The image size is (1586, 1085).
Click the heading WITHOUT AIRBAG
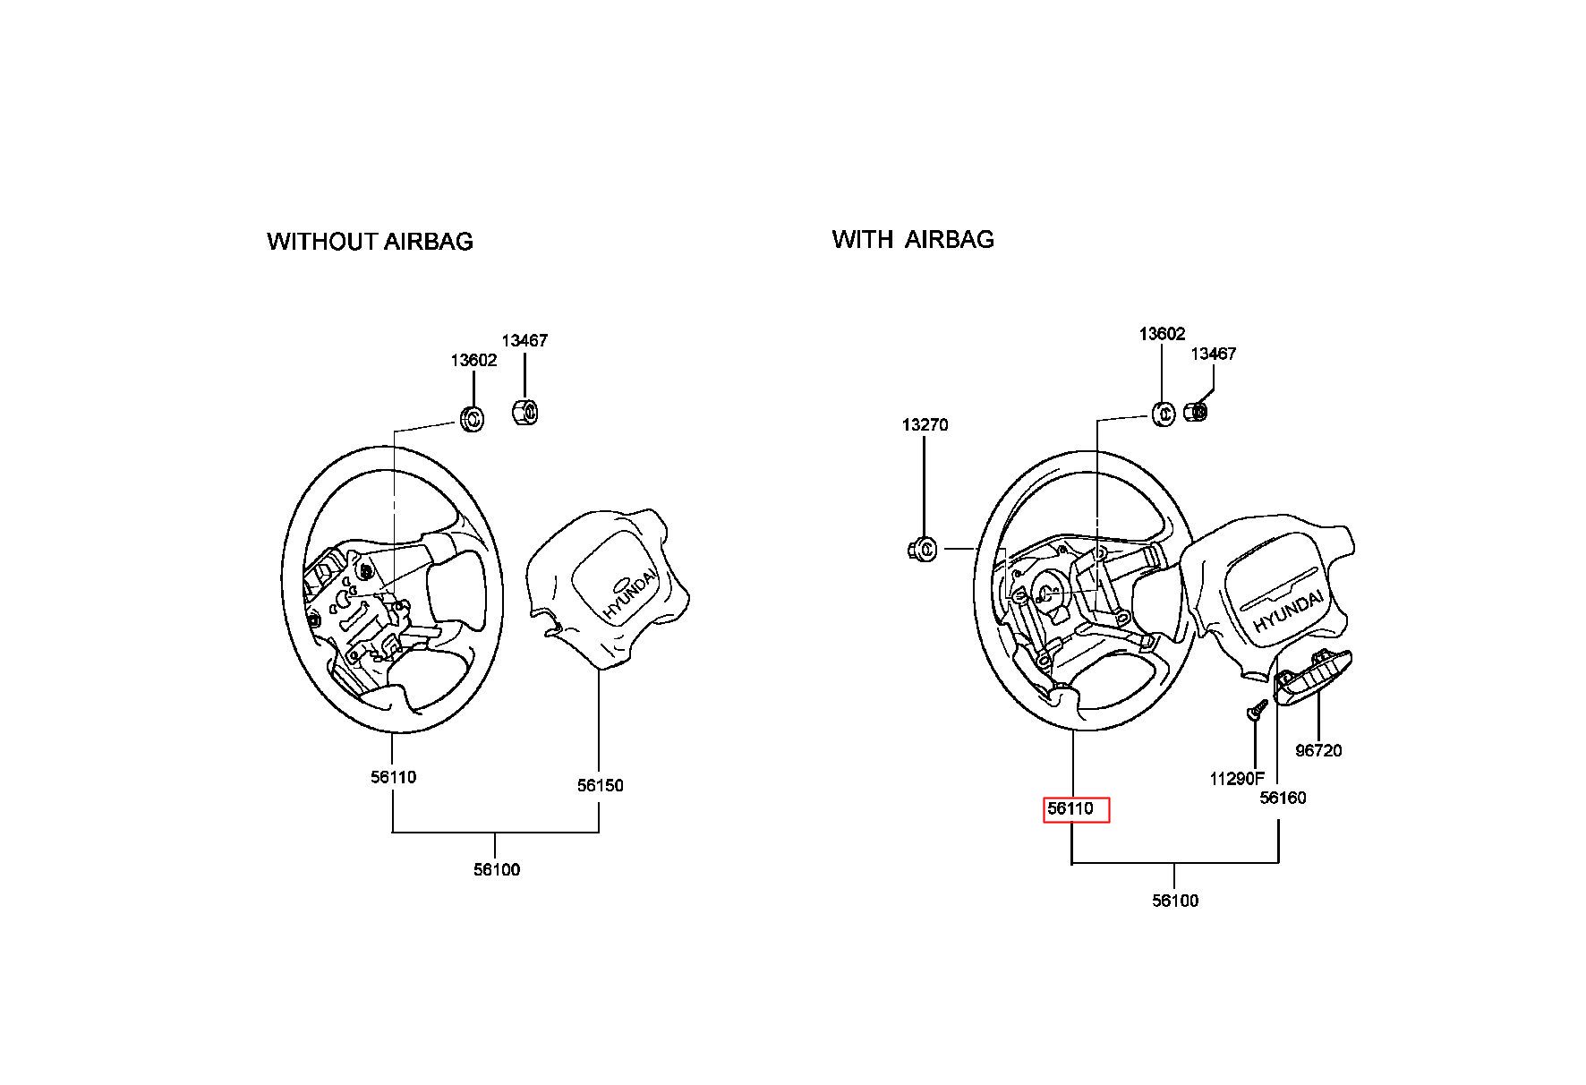tap(370, 242)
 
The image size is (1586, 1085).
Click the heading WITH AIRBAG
tap(913, 239)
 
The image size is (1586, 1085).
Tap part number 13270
tap(925, 424)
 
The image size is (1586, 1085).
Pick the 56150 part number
tap(600, 785)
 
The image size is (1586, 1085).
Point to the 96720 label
tap(1318, 750)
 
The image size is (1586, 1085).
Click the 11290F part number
tap(1237, 779)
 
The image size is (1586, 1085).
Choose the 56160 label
tap(1283, 798)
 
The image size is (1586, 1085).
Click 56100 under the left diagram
tap(497, 869)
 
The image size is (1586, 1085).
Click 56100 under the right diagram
tap(1175, 901)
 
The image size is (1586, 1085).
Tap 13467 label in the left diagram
tap(524, 340)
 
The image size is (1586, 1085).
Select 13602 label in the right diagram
tap(1162, 334)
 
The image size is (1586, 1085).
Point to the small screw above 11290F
tap(1255, 711)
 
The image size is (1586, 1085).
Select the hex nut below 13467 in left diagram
tap(524, 413)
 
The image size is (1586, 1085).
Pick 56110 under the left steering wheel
tap(394, 777)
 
